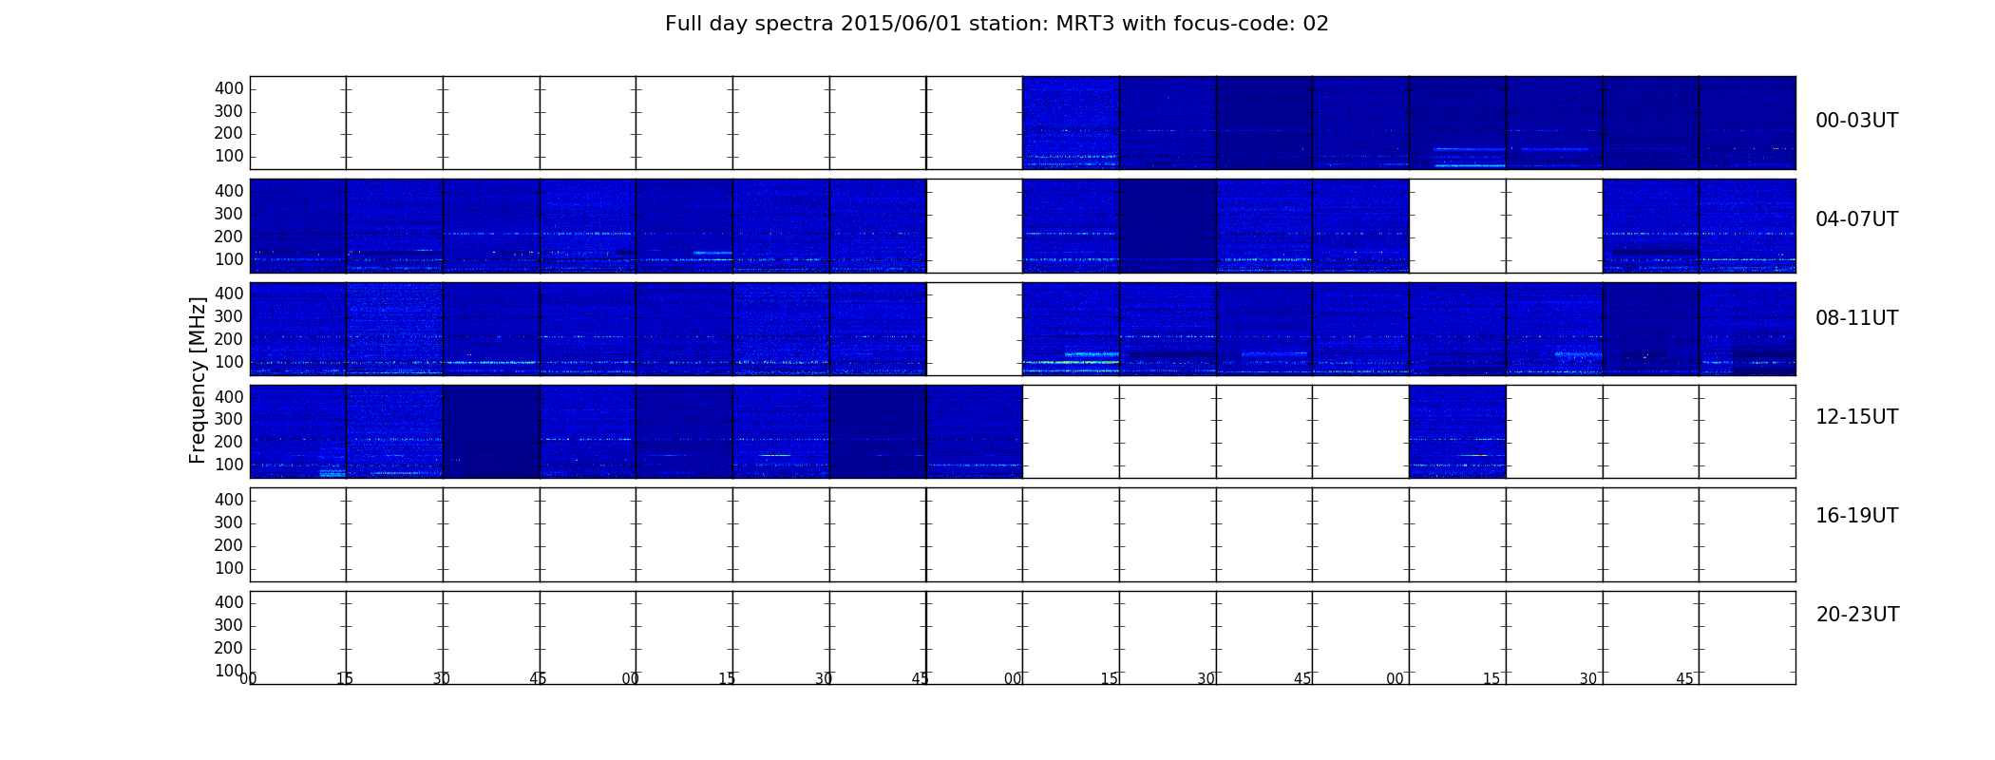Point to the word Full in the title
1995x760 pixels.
682,24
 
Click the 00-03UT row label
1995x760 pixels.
1856,121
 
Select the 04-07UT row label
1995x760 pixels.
1856,219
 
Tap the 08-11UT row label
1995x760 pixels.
1856,318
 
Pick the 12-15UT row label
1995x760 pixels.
1856,417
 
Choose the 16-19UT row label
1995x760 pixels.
1856,516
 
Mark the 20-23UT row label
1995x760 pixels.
1857,615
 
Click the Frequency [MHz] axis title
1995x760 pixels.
198,380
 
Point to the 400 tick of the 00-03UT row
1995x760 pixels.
229,88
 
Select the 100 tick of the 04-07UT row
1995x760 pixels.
229,259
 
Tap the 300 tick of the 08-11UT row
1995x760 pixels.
229,316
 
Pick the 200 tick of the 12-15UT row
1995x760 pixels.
229,442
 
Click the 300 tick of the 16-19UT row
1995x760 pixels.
229,522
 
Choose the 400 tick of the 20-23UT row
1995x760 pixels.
229,602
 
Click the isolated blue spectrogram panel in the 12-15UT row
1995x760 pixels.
1457,431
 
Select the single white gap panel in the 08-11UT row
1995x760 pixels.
974,329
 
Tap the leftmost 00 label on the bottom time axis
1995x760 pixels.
248,678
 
